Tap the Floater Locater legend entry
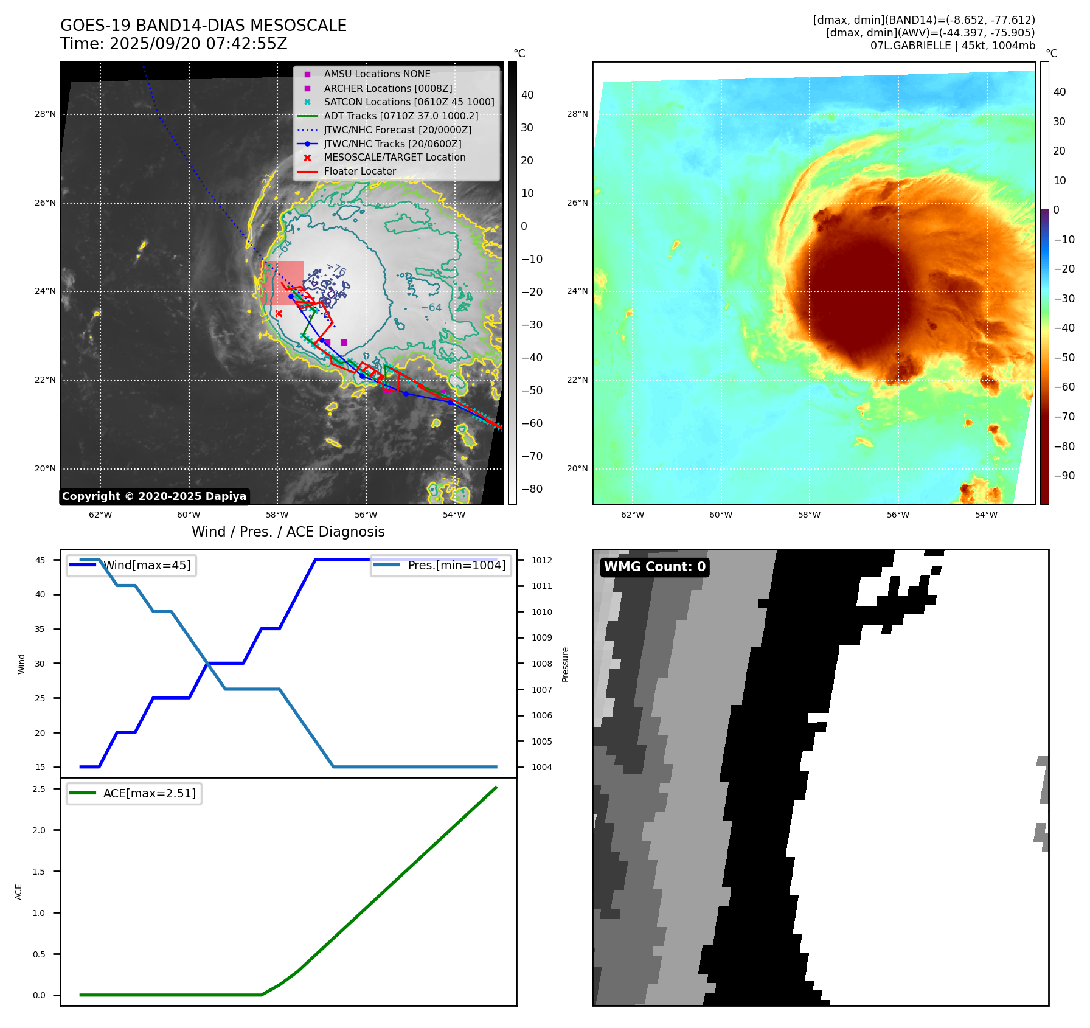coord(359,171)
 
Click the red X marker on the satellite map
coord(279,313)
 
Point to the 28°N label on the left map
coord(45,114)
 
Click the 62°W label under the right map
coord(633,515)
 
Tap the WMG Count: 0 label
coord(654,567)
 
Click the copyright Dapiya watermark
coord(154,496)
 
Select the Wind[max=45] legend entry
coord(146,565)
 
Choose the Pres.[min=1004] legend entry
coord(456,565)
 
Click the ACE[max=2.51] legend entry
coord(149,793)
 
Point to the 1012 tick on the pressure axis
coord(541,560)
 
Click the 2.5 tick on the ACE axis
coord(39,789)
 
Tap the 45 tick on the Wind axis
coord(40,560)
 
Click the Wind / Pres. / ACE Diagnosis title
coord(288,532)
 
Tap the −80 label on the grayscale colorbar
coord(532,489)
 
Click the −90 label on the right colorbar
coord(1064,476)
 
